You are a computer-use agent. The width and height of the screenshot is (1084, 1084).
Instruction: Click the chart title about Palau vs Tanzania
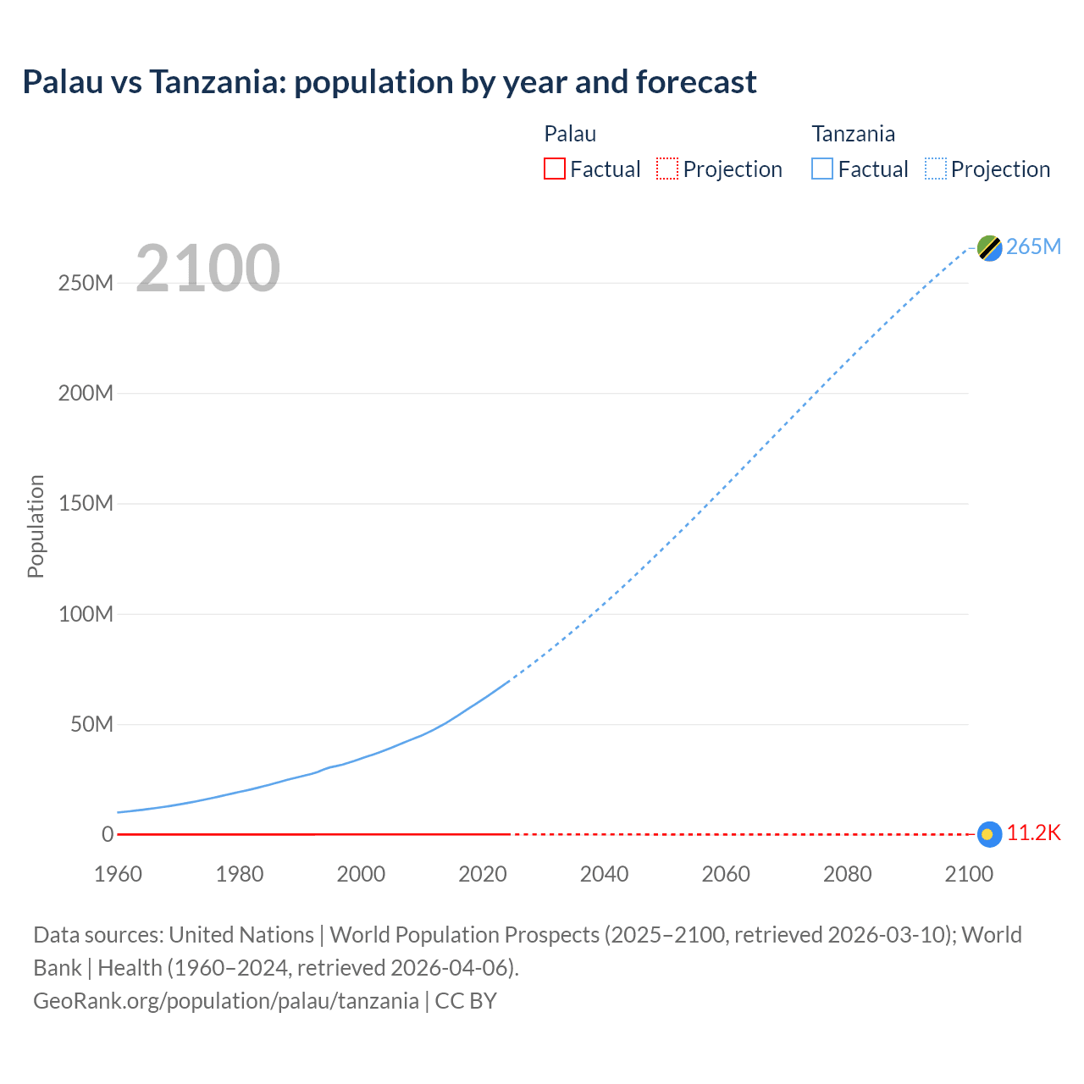point(390,82)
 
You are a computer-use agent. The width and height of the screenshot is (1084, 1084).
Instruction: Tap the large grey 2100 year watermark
point(207,268)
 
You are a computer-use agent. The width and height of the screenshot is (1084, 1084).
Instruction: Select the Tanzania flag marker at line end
point(989,247)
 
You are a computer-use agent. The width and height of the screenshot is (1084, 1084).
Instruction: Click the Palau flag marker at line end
point(989,834)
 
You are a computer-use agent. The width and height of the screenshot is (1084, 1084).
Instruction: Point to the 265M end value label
point(1033,246)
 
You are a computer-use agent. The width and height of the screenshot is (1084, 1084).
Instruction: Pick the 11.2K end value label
point(1033,833)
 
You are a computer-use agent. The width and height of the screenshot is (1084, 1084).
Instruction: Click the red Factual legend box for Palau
point(555,169)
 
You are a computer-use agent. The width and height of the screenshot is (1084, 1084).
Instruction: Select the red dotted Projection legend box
point(667,169)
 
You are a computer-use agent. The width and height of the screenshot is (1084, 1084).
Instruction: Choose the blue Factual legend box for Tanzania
point(822,169)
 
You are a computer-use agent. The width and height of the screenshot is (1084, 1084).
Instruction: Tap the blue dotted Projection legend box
point(936,169)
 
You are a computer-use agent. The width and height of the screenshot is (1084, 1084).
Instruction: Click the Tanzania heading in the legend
point(853,134)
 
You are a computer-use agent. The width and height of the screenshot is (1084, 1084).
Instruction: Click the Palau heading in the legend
point(570,134)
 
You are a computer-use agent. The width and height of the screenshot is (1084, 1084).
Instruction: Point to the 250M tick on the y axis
point(86,283)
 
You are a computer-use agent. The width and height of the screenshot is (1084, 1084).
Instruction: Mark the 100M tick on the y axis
point(86,614)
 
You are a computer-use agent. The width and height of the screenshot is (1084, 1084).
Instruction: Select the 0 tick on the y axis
point(108,834)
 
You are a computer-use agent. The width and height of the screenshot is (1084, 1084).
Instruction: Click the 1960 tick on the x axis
point(118,874)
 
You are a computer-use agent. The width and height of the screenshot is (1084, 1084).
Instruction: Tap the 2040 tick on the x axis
point(604,874)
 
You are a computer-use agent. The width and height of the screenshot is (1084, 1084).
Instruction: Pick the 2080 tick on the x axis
point(847,874)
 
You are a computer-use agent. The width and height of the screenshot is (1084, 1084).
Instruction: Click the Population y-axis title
point(36,526)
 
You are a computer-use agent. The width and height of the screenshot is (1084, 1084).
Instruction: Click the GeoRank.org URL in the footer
point(226,1001)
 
